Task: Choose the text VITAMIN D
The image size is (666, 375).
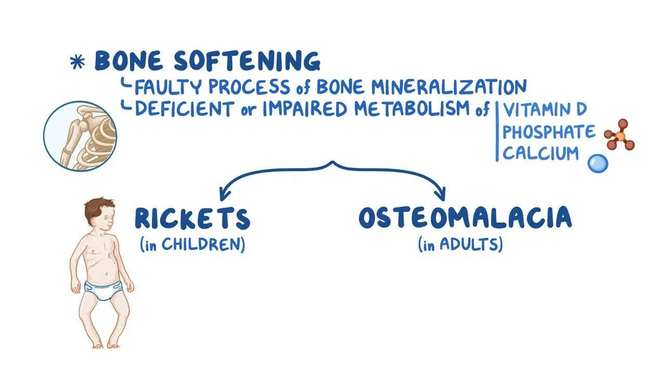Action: [x=544, y=110]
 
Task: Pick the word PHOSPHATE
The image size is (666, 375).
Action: [x=548, y=132]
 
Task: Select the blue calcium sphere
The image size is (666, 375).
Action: [x=597, y=164]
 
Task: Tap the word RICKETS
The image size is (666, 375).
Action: [x=193, y=219]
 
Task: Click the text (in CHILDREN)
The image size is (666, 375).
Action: [x=193, y=245]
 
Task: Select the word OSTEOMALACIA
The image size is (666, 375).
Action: [x=465, y=218]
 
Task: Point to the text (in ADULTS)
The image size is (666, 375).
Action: [x=460, y=245]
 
